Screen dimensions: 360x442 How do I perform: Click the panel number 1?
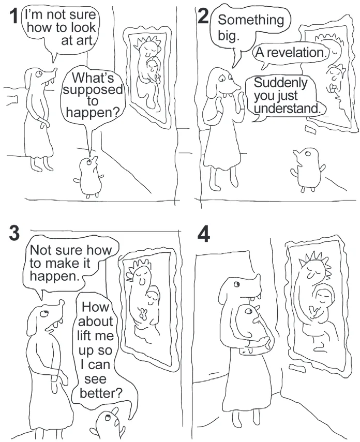pos(13,17)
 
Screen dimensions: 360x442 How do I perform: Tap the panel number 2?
pos(203,16)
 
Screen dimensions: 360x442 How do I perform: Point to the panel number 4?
pos(204,235)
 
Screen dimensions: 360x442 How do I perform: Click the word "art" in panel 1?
pos(77,41)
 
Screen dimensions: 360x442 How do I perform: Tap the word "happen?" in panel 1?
pos(93,113)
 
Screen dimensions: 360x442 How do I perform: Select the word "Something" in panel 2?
pos(251,20)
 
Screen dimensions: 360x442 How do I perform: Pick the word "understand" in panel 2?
pos(286,108)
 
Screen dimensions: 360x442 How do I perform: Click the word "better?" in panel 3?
pos(101,393)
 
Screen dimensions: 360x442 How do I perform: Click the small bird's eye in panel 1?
pos(89,162)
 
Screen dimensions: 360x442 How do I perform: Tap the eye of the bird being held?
pos(249,311)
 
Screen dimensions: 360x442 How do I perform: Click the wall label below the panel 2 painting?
pos(311,130)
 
